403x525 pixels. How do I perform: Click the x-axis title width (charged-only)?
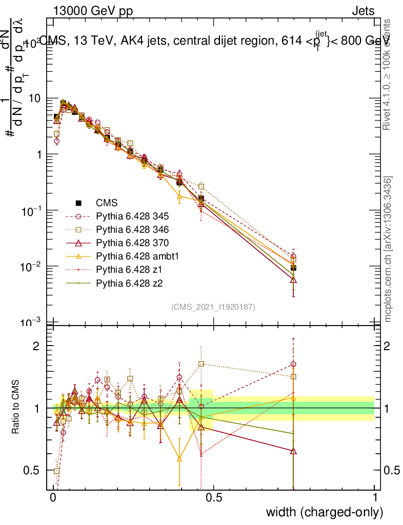click(324, 512)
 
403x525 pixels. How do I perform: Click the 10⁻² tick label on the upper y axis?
click(34, 267)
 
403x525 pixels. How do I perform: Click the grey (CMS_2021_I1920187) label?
click(213, 307)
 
